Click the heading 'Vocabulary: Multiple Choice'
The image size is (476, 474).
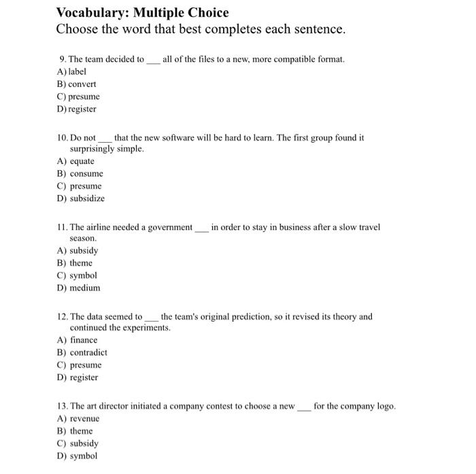coord(142,12)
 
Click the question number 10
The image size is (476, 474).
coord(63,137)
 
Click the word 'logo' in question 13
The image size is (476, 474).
coord(386,406)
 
